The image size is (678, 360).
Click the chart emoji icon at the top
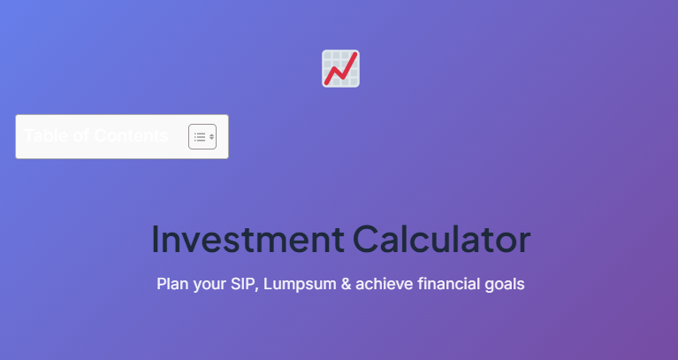tap(340, 69)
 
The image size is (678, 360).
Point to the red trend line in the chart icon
tap(341, 69)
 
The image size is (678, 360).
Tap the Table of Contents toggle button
tap(202, 136)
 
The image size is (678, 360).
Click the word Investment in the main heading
tap(248, 240)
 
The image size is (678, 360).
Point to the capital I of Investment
tap(156, 240)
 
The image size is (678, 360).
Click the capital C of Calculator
tap(365, 240)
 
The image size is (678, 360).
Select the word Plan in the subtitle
tap(171, 285)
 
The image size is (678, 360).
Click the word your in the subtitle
tap(209, 285)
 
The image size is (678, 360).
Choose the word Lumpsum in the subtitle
tap(296, 285)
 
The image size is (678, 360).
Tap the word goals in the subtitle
tap(504, 285)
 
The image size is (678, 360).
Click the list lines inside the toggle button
tap(199, 136)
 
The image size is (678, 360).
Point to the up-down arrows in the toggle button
tap(211, 136)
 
